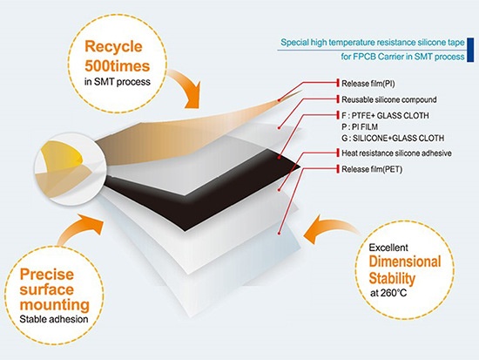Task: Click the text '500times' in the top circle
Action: [118, 66]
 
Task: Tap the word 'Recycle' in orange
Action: [113, 47]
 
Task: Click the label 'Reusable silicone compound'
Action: [389, 99]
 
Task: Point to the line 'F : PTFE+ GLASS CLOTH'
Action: [385, 115]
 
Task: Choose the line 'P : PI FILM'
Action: [360, 126]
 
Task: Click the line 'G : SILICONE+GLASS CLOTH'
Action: [393, 139]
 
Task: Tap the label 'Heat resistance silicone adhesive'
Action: [396, 153]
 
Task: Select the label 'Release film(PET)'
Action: [372, 169]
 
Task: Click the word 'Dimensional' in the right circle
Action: [405, 262]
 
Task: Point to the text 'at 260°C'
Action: [388, 293]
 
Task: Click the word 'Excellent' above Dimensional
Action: [388, 248]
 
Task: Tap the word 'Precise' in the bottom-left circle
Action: [47, 275]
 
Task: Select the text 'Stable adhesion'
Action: [54, 319]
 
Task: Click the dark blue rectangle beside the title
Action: [470, 50]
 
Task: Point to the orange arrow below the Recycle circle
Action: [187, 85]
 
